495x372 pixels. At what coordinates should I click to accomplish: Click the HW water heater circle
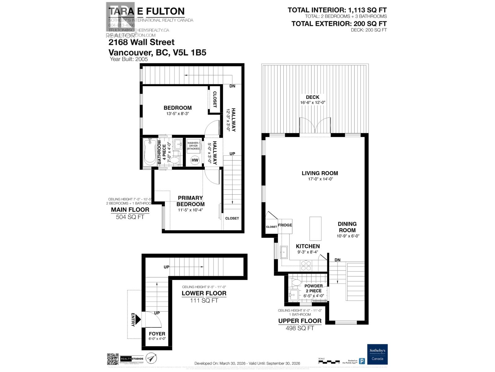point(195,160)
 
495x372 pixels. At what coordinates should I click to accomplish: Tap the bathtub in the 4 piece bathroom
point(150,152)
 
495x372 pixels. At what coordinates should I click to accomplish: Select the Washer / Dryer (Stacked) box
point(193,146)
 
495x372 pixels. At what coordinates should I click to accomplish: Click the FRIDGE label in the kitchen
point(285,225)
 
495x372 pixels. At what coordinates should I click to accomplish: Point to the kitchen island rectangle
point(315,229)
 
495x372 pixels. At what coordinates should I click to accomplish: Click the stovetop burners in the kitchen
point(306,266)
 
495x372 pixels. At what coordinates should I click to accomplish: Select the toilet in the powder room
point(296,282)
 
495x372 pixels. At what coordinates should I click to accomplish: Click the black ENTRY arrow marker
point(138,320)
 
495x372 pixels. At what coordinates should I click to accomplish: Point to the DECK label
point(312,97)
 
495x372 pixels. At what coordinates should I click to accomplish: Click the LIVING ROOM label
point(320,173)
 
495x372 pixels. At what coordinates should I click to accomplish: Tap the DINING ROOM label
point(347,227)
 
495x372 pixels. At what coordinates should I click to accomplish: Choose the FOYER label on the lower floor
point(157,334)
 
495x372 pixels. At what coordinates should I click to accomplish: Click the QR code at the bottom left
point(113,359)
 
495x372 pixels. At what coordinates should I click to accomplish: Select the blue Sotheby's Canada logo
point(377,354)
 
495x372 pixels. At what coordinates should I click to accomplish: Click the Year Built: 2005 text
point(129,59)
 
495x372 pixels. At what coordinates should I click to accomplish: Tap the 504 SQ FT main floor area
point(130,217)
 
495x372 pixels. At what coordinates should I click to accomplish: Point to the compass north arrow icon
point(151,358)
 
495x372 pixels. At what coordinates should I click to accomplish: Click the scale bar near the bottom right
point(329,361)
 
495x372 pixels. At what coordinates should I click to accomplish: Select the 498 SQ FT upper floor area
point(300,328)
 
